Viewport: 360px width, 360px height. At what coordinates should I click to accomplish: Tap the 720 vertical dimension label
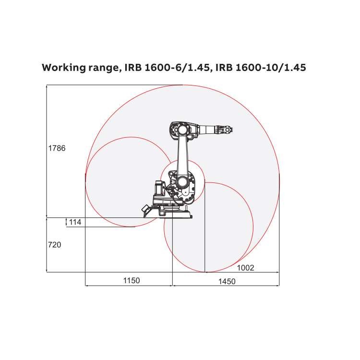pyautogui.click(x=54, y=245)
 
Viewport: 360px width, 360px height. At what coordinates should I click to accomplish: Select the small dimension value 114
pyautogui.click(x=75, y=222)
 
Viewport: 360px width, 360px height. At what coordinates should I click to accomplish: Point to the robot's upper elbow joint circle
pyautogui.click(x=181, y=130)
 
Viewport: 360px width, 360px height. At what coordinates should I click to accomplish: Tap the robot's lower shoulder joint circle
pyautogui.click(x=182, y=182)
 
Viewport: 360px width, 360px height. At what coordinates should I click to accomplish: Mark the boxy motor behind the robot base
pyautogui.click(x=159, y=188)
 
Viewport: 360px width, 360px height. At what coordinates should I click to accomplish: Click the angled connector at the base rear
pyautogui.click(x=144, y=209)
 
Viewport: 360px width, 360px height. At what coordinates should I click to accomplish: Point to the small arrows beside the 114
pyautogui.click(x=66, y=222)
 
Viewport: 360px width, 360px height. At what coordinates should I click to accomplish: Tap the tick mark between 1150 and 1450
pyautogui.click(x=172, y=285)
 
